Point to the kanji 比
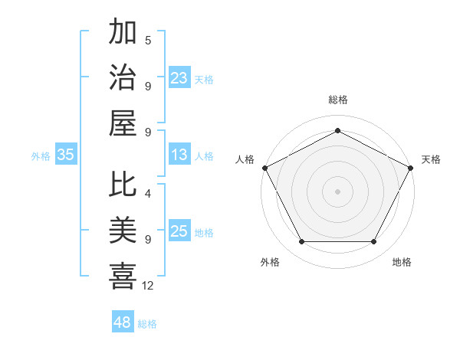(123, 185)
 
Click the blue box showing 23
(179, 77)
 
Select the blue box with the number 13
(179, 155)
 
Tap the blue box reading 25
(179, 231)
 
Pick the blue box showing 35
(66, 155)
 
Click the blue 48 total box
(123, 322)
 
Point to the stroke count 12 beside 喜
(148, 286)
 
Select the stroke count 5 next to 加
(148, 40)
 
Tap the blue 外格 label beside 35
(41, 155)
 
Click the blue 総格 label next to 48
(147, 324)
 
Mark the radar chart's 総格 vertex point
(337, 131)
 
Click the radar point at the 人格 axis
(264, 167)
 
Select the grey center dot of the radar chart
(337, 191)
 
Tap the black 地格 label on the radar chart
(402, 263)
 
